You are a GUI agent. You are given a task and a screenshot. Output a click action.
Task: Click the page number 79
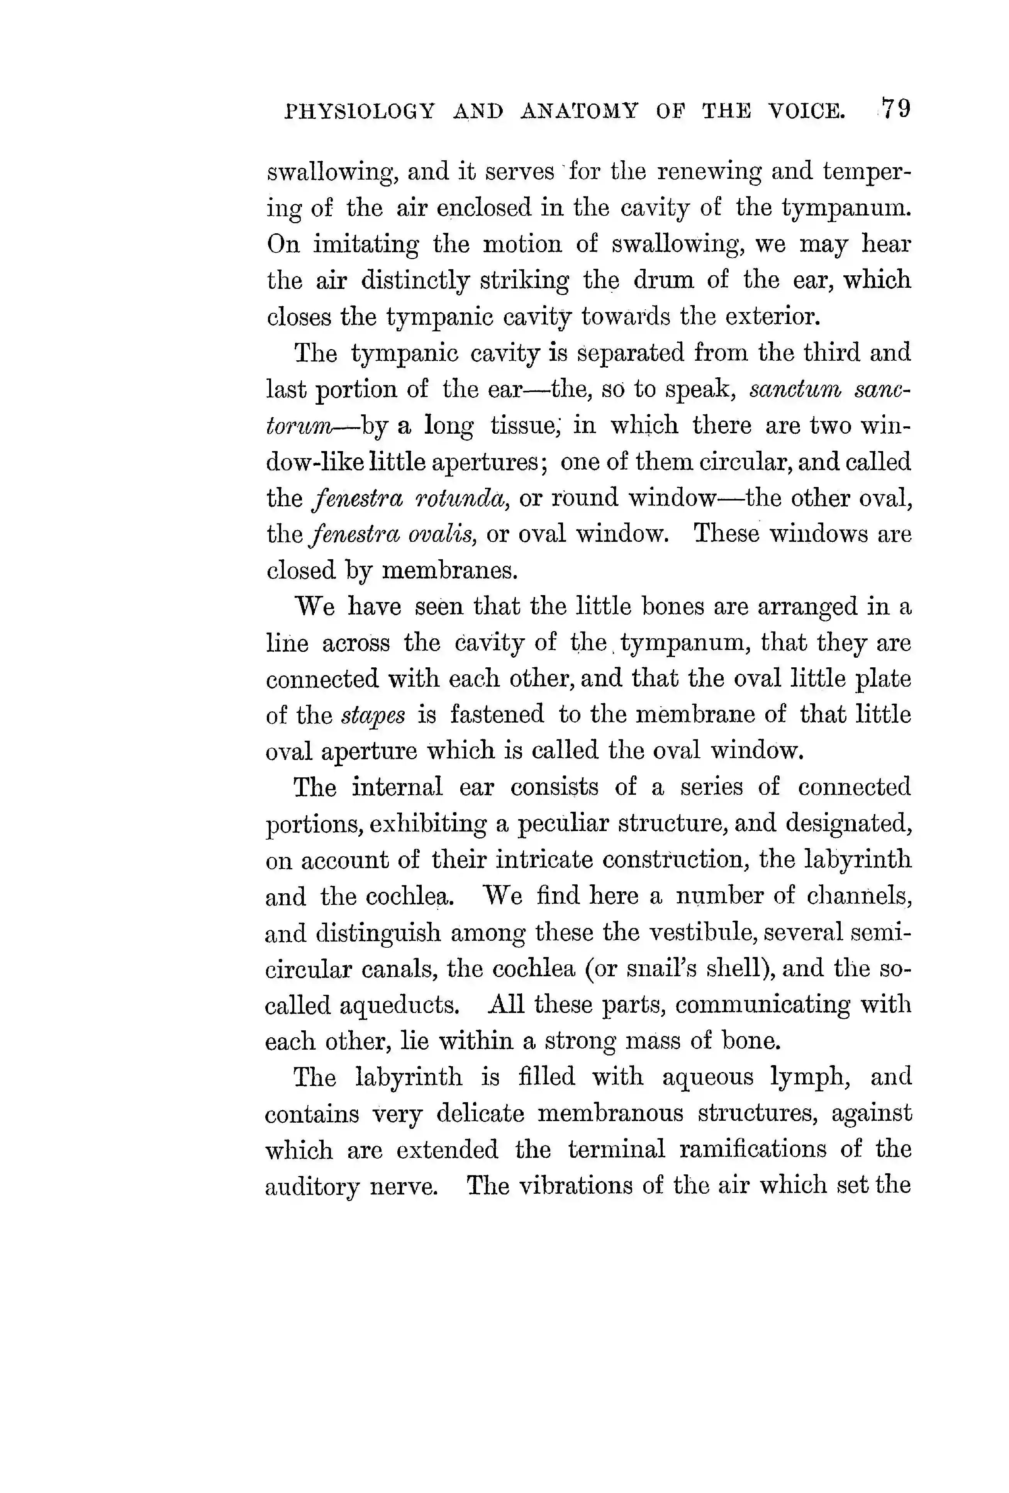coord(895,109)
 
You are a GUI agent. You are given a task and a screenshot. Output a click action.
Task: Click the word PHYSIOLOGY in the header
coord(360,112)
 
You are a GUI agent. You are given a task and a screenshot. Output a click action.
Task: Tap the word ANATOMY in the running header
coord(579,112)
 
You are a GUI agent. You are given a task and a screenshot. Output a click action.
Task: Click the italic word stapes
coord(373,715)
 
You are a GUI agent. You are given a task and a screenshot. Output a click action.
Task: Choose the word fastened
coord(497,714)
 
